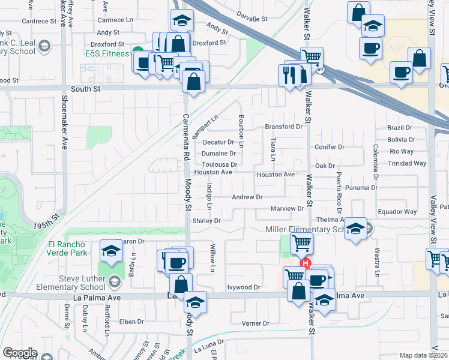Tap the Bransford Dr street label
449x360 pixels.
pos(283,127)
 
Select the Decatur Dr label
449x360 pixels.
pos(218,142)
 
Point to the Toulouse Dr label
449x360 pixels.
pos(219,164)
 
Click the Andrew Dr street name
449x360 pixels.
pos(247,197)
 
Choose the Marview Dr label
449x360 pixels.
pos(288,209)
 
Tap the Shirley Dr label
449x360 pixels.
pos(206,221)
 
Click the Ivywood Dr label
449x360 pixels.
pos(244,287)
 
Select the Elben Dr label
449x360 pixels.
pos(130,322)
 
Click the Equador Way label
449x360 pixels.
pos(397,212)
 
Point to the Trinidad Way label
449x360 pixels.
pos(406,163)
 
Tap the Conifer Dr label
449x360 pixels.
pos(329,147)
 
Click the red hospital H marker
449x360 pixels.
pos(306,263)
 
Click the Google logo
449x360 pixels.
pos(20,353)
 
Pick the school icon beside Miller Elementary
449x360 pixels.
pos(356,229)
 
